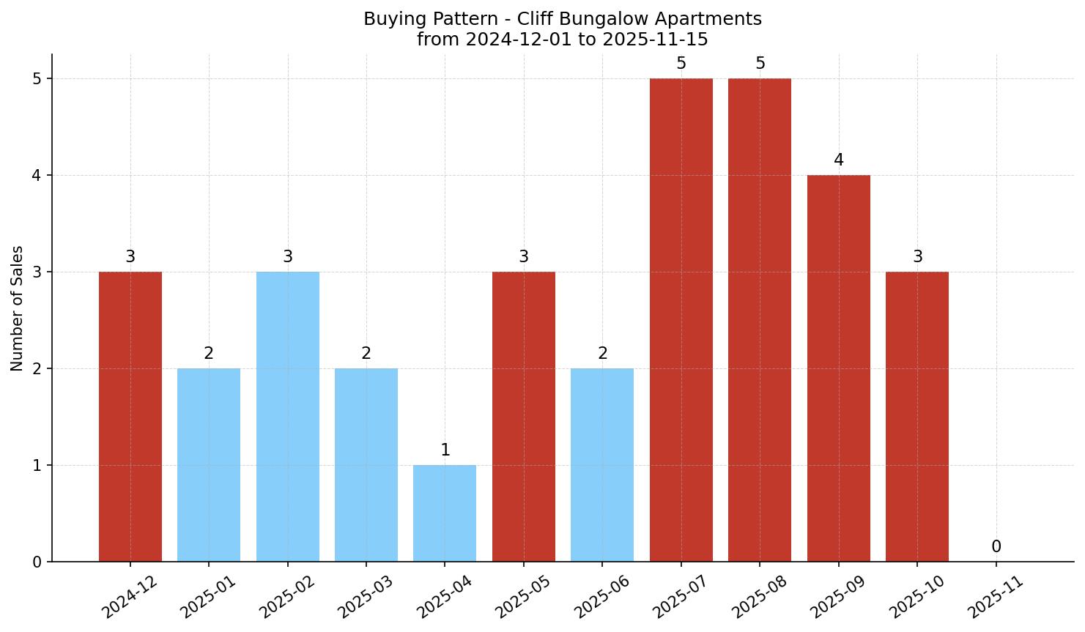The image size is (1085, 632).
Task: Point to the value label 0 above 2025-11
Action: pyautogui.click(x=996, y=546)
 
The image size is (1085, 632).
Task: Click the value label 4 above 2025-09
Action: pyautogui.click(x=839, y=160)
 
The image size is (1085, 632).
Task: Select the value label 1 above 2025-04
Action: pyautogui.click(x=445, y=450)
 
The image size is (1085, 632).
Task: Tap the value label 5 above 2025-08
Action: pyautogui.click(x=760, y=63)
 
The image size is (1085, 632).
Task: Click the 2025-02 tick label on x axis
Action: pyautogui.click(x=287, y=596)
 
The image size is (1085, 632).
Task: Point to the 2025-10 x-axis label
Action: pyautogui.click(x=916, y=596)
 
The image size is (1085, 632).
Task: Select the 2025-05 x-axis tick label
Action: pyautogui.click(x=523, y=596)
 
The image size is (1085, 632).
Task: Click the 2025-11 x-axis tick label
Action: pyautogui.click(x=995, y=596)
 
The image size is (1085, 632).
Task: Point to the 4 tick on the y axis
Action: pyautogui.click(x=37, y=175)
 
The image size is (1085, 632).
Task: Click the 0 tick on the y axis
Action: pyautogui.click(x=37, y=562)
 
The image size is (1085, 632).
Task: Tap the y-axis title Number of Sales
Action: pyautogui.click(x=18, y=308)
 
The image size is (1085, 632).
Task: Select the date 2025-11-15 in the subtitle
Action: pyautogui.click(x=655, y=40)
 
